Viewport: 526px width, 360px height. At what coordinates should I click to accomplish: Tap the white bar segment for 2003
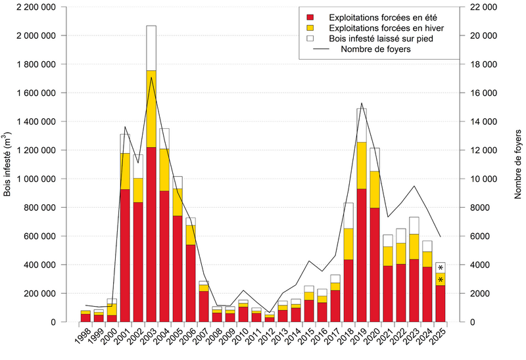tap(151, 48)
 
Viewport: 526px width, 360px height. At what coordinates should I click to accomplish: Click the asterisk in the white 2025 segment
tap(440, 267)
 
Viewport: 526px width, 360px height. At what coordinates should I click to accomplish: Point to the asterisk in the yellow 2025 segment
tap(440, 280)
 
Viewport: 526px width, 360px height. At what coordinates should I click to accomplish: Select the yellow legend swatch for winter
tap(310, 27)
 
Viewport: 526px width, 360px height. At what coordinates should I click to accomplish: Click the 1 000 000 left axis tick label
tap(36, 179)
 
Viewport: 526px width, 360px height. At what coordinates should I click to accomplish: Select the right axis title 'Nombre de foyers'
tap(518, 164)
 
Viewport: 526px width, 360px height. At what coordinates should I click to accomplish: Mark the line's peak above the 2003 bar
tap(151, 78)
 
